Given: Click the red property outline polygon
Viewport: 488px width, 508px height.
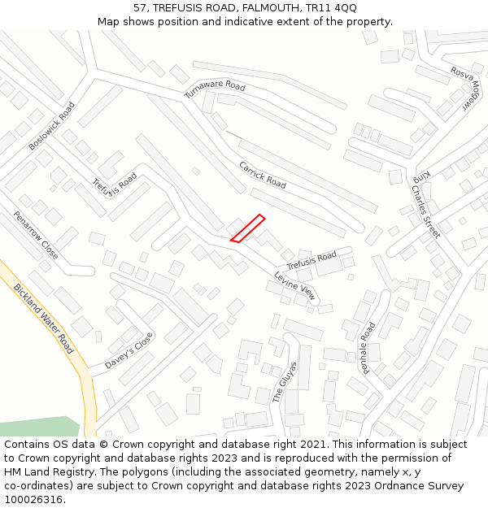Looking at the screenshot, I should (x=248, y=228).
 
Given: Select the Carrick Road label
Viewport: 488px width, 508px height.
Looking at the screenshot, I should (x=263, y=175).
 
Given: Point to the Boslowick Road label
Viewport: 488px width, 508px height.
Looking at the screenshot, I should (x=51, y=125).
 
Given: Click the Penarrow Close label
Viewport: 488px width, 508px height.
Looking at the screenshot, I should (x=36, y=236).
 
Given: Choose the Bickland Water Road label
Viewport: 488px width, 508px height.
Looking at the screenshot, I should (x=44, y=319).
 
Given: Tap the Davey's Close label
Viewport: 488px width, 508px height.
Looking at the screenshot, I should (x=129, y=350).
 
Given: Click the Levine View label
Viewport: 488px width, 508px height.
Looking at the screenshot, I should (x=294, y=287).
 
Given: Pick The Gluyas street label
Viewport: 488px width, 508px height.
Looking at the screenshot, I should (x=280, y=383).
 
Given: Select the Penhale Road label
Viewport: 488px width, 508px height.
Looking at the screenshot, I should (x=368, y=348).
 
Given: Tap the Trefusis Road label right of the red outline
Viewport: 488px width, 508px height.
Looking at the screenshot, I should (x=311, y=261).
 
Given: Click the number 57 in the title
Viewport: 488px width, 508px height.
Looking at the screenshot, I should (x=141, y=7).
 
